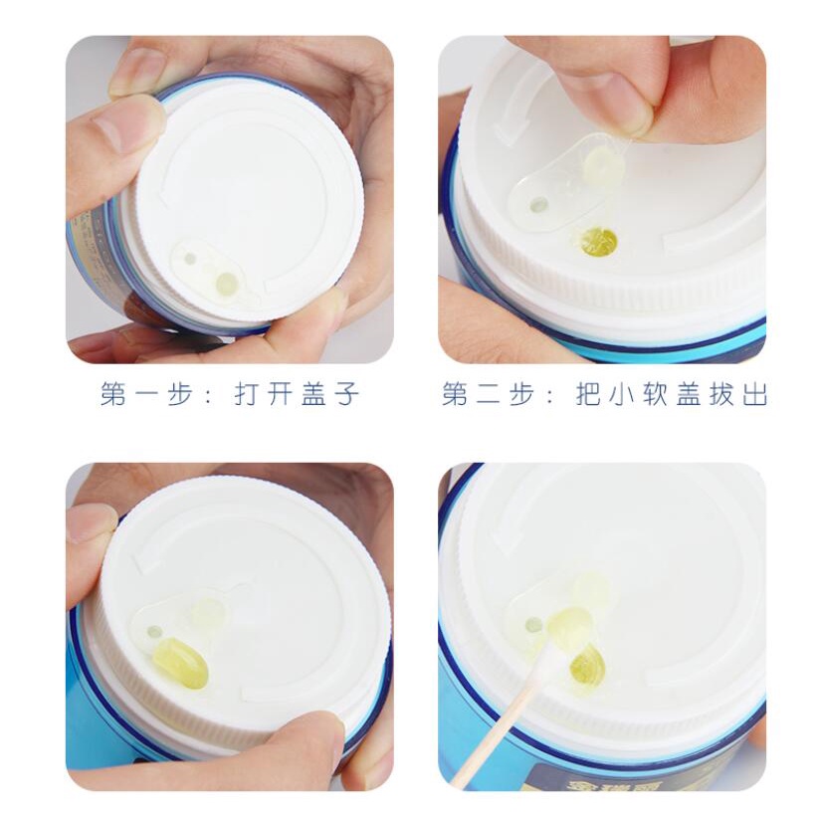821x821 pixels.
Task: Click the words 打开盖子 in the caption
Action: pos(297,394)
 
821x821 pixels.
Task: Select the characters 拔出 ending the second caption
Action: pos(738,394)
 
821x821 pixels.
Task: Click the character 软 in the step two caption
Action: pos(655,394)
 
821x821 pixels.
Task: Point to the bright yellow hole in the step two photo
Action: pos(599,243)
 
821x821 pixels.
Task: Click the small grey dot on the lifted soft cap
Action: pos(538,204)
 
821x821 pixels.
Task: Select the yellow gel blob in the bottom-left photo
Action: pos(181,663)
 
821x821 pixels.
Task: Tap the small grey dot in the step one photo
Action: pos(190,258)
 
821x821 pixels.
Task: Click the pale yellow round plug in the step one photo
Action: pos(226,284)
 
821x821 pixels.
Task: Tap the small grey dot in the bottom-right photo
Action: pos(533,624)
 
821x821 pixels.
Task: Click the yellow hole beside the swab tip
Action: pos(587,665)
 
